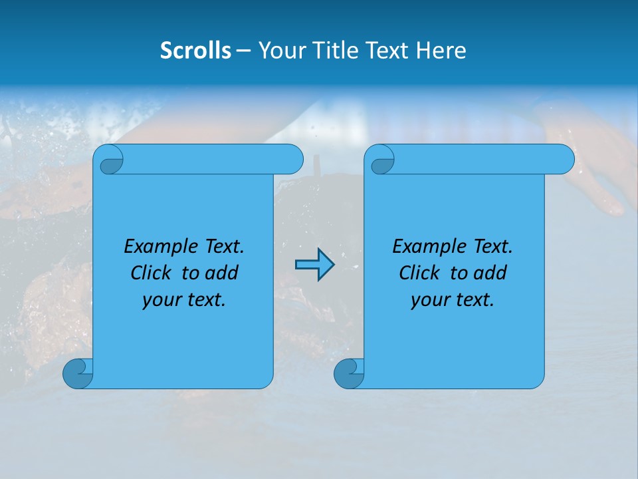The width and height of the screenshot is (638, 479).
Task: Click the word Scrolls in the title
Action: tap(196, 51)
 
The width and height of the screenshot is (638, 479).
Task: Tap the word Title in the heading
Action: tap(332, 51)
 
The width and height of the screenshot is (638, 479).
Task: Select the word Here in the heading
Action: tap(441, 51)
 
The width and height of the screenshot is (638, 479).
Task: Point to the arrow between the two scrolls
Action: tap(314, 265)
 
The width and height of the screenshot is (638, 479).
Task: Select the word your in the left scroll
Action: tap(160, 300)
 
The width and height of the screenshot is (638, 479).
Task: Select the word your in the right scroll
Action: tap(429, 300)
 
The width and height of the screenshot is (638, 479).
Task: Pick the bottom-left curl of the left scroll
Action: tap(77, 373)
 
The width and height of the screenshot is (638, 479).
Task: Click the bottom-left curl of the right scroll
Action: tap(348, 373)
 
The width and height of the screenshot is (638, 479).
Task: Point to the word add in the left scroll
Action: tap(223, 273)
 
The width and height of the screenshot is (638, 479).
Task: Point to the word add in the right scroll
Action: tap(491, 273)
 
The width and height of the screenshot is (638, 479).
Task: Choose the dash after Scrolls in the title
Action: tap(244, 51)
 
